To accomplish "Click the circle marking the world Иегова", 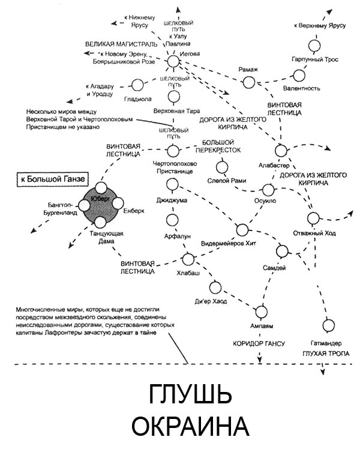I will pos(173,61).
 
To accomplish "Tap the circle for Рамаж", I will pos(248,82).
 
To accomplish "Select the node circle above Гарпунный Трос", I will pos(314,46).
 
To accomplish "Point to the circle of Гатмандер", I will pos(328,326).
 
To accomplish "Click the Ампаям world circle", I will pos(261,311).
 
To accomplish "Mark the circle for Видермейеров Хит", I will pos(242,229).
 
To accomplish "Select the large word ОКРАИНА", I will pos(190,427).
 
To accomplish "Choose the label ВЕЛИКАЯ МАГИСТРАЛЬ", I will pos(121,44).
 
